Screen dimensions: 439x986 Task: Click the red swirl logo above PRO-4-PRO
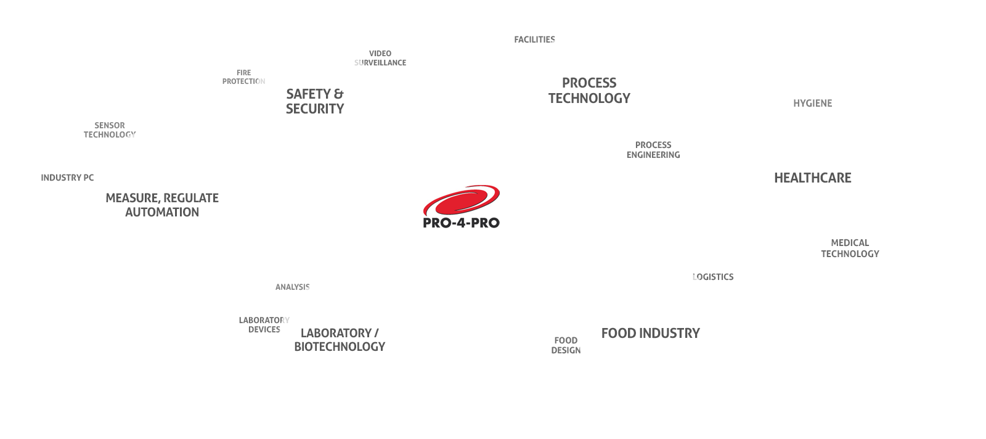click(x=462, y=202)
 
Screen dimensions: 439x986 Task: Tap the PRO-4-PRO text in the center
click(x=462, y=223)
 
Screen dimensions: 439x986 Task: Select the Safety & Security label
click(x=315, y=101)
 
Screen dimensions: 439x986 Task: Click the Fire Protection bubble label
click(x=244, y=77)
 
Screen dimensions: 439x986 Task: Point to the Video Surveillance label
click(x=380, y=58)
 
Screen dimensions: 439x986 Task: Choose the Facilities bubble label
click(x=534, y=39)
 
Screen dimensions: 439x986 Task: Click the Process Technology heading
click(x=589, y=91)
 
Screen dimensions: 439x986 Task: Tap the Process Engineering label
click(x=653, y=150)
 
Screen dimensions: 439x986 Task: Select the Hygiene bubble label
click(x=812, y=104)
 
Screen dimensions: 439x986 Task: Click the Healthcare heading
click(x=812, y=178)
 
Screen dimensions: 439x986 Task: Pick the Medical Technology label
click(x=850, y=248)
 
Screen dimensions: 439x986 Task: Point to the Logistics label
click(x=713, y=277)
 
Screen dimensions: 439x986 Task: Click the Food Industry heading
click(x=650, y=334)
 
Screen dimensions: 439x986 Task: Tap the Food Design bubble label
click(x=566, y=345)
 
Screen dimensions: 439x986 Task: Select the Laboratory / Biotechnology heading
click(x=340, y=340)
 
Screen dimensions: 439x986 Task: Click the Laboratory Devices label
click(x=264, y=325)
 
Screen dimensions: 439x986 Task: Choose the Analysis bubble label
click(x=292, y=287)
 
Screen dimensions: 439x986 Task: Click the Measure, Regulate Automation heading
click(x=162, y=205)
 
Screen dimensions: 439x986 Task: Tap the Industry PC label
click(x=67, y=178)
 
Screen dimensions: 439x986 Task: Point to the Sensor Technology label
click(x=110, y=130)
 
